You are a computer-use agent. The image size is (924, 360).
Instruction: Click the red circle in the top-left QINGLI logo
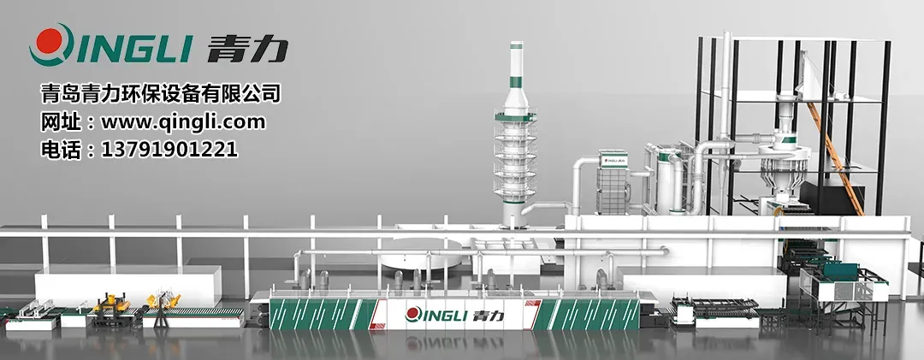pos(49,41)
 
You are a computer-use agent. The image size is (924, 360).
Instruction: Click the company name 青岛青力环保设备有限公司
pos(160,94)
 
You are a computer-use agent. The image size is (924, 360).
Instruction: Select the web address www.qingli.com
pos(183,122)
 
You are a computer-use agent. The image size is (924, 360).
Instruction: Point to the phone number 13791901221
pos(169,149)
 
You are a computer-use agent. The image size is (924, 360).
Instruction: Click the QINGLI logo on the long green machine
pos(454,315)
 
